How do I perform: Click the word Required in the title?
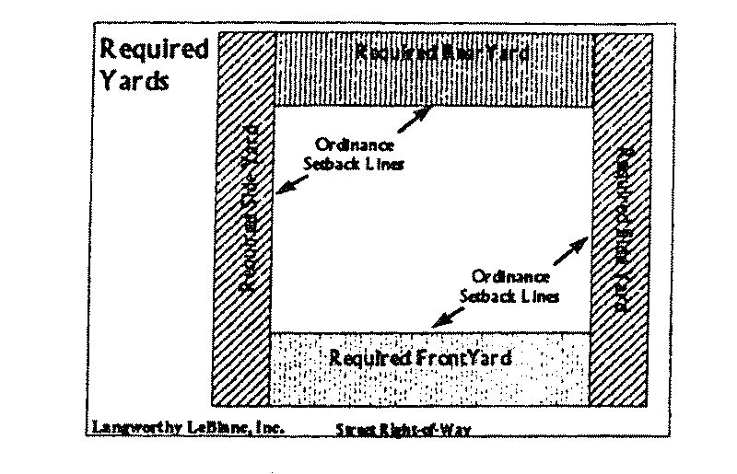coord(154,49)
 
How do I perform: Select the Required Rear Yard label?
coord(443,52)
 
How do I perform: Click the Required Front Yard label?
coord(419,356)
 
